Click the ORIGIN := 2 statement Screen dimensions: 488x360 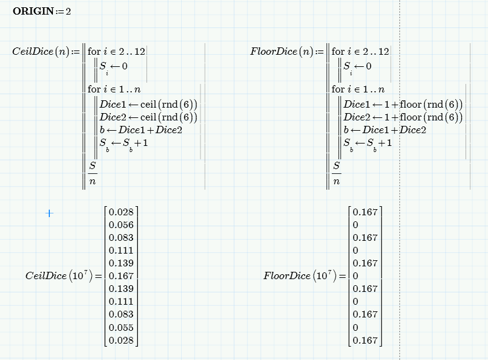(x=42, y=11)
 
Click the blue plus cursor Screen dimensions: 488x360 (x=49, y=213)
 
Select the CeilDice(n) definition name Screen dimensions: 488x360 (x=41, y=51)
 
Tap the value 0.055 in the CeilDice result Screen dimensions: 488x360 (x=121, y=327)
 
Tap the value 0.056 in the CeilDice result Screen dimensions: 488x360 (x=121, y=225)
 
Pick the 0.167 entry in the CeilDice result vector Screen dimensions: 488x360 (x=121, y=276)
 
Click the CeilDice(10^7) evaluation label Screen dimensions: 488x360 (x=59, y=275)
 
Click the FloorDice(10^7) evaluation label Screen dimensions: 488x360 (x=300, y=275)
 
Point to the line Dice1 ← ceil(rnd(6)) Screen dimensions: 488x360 (x=148, y=105)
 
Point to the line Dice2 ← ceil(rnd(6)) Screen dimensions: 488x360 (x=148, y=117)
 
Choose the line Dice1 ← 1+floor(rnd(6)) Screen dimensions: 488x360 (x=403, y=105)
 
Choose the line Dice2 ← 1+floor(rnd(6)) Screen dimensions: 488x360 (x=403, y=117)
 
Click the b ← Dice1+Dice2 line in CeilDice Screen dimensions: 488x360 (x=140, y=130)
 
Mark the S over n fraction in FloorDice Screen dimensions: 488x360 (x=337, y=173)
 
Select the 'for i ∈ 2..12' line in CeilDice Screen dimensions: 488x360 (x=117, y=51)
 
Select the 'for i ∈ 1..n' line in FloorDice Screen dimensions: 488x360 (x=358, y=89)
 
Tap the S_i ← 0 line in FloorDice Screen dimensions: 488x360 (x=357, y=67)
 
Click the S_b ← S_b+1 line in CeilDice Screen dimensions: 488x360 (x=123, y=144)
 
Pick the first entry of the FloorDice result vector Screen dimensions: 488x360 (x=365, y=212)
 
